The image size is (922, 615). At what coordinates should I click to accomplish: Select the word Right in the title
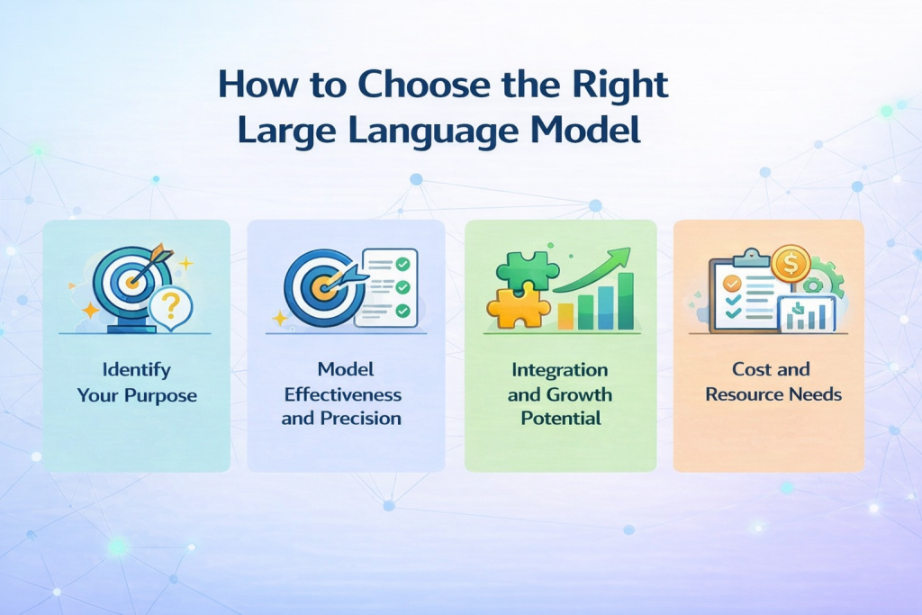(x=621, y=85)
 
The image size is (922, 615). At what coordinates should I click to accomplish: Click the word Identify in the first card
(x=137, y=370)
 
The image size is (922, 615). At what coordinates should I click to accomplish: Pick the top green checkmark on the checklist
(x=402, y=264)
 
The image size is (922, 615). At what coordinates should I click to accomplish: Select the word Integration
(x=559, y=370)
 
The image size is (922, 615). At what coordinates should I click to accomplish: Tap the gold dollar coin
(x=790, y=264)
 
